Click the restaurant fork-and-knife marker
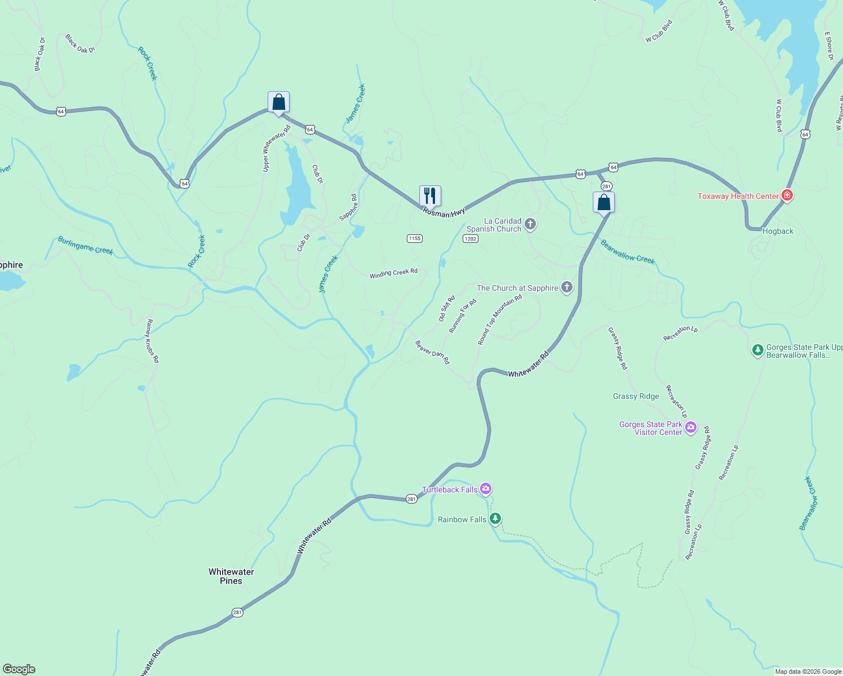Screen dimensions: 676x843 [x=430, y=196]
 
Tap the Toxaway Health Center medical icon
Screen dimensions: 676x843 [x=788, y=196]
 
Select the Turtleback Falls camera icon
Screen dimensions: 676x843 [x=486, y=488]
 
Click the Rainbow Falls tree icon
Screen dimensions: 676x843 [x=495, y=518]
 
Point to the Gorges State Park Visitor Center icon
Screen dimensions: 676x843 [x=691, y=428]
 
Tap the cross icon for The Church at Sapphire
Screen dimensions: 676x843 [x=567, y=288]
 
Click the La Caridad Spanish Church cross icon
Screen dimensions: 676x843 [x=530, y=224]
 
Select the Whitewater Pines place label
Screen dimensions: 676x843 [x=231, y=576]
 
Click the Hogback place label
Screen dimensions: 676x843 [x=778, y=232]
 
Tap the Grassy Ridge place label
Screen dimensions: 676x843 [x=636, y=397]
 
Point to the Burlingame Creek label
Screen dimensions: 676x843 [x=86, y=246]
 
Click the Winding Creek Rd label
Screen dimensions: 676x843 [x=393, y=273]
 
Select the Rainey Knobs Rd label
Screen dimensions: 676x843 [x=153, y=341]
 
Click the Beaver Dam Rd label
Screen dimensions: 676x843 [x=432, y=353]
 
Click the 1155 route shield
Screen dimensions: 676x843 [x=415, y=238]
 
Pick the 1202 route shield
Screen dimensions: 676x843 [x=471, y=239]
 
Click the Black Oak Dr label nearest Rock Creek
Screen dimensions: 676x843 [x=80, y=44]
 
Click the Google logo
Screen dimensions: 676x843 [x=19, y=669]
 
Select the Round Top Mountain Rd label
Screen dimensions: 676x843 [x=500, y=320]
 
